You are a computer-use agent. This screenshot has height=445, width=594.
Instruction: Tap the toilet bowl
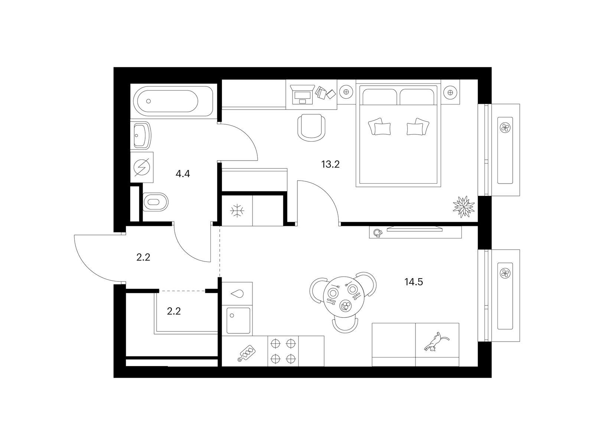point(155,202)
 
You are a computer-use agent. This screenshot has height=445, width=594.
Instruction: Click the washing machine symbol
point(142,167)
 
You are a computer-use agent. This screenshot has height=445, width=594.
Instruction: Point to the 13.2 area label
point(330,164)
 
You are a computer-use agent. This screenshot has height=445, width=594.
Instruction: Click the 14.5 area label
point(414,282)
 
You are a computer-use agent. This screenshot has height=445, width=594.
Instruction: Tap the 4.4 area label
point(183,174)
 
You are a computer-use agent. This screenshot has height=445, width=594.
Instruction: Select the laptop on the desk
point(302,95)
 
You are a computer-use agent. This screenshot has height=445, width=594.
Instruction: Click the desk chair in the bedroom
point(311,127)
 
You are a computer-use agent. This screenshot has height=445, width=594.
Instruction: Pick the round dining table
point(343,296)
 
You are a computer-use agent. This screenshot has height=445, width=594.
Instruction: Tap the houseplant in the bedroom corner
point(464,206)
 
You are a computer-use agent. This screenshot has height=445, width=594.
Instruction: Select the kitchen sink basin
point(238,320)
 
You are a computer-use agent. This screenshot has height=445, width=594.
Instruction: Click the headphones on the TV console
point(377,233)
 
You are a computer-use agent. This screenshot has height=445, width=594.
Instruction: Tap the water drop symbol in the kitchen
point(237,293)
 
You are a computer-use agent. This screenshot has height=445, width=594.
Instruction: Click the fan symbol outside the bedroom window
point(505,127)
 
